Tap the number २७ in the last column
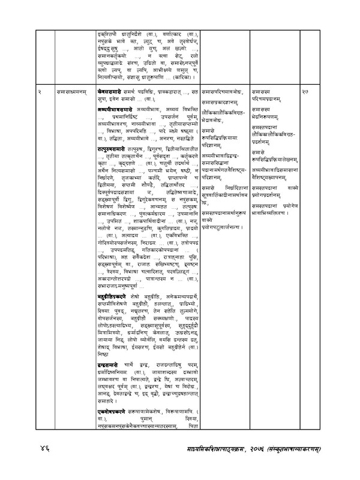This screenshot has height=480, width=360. (306, 90)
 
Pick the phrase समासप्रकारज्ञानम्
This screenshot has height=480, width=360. (224, 101)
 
